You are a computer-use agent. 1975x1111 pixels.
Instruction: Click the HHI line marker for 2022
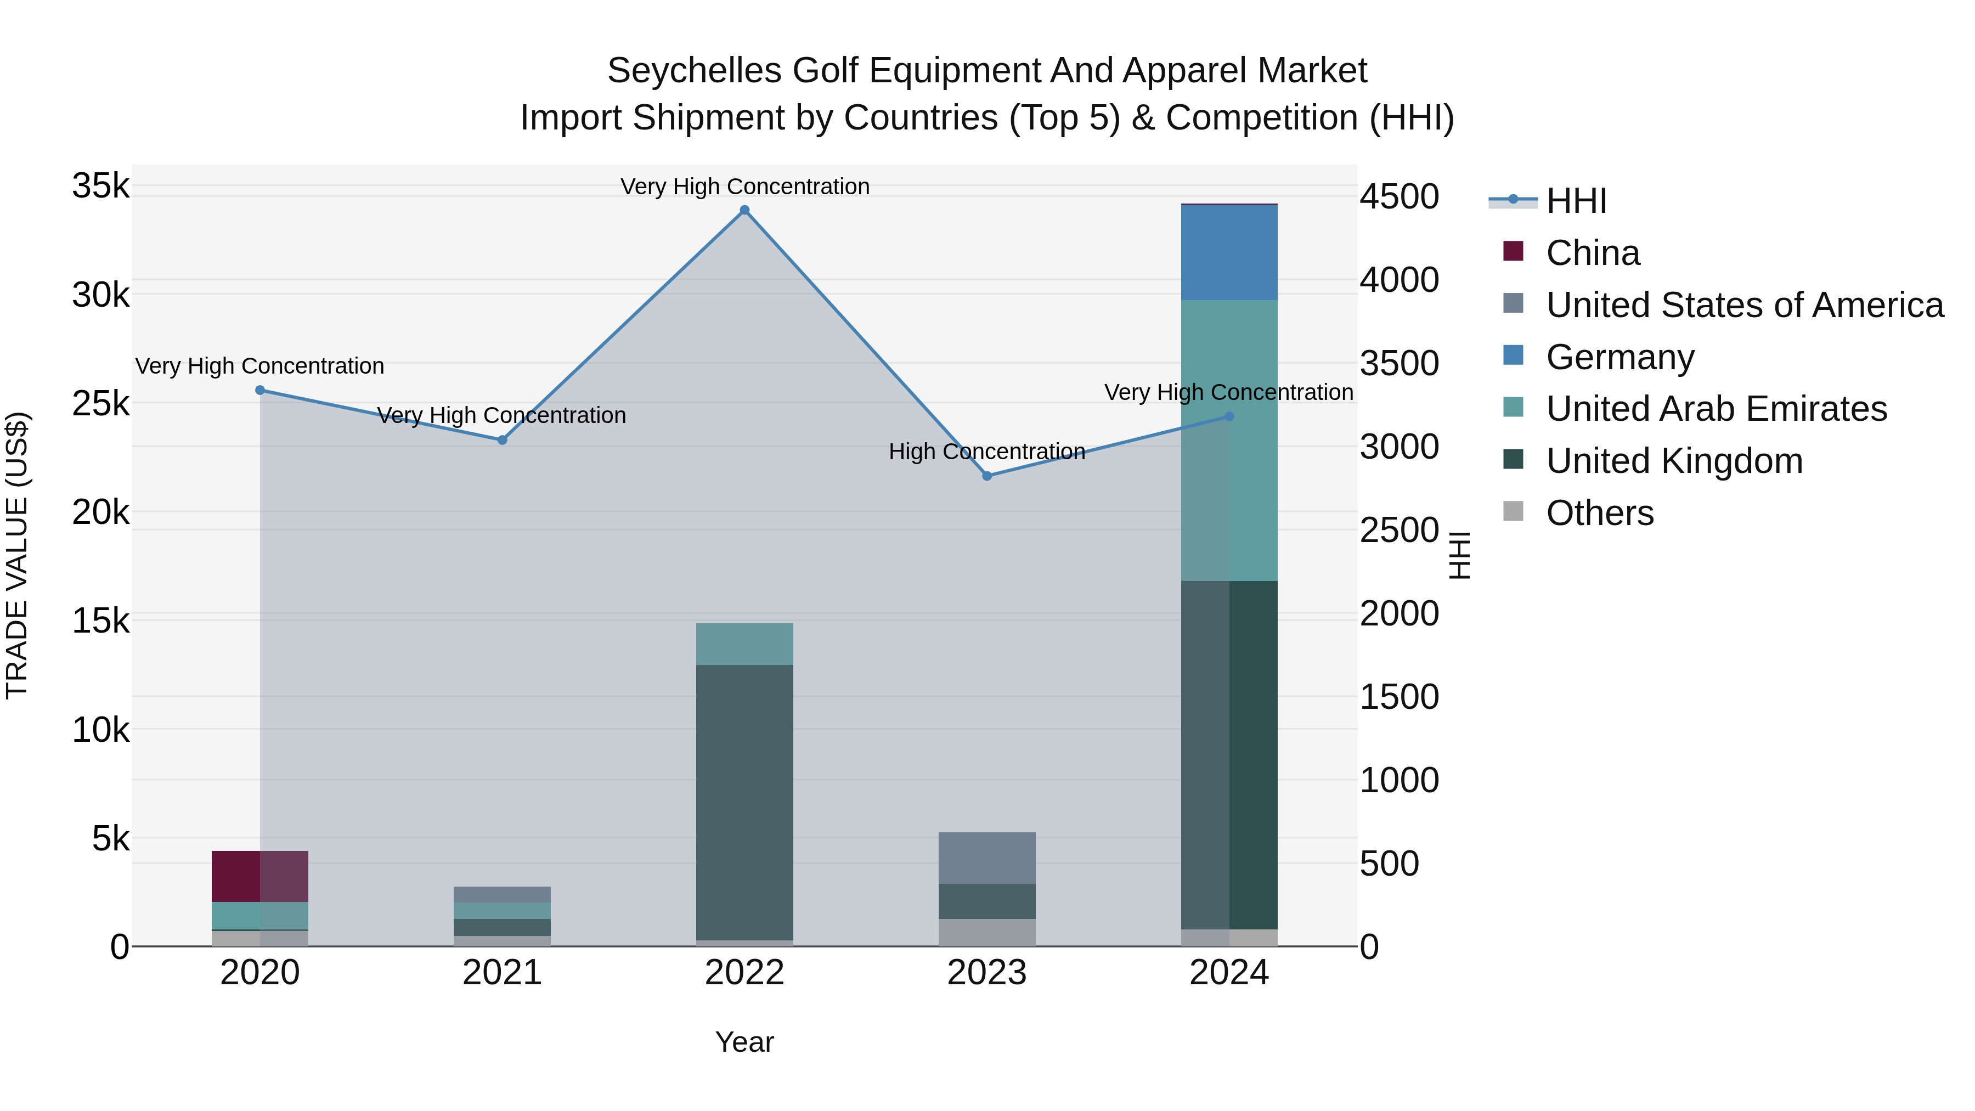click(x=744, y=210)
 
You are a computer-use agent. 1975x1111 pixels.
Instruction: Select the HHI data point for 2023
click(x=987, y=476)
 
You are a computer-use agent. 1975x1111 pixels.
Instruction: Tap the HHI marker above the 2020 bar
click(x=260, y=390)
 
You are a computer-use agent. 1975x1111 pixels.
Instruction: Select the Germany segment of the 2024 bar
click(x=1229, y=252)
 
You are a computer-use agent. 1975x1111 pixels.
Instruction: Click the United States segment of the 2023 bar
click(x=987, y=858)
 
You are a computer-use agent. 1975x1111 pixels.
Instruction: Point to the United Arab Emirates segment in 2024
click(x=1229, y=441)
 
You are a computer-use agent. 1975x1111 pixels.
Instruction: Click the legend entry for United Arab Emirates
click(x=1716, y=409)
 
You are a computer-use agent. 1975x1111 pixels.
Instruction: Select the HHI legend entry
click(x=1576, y=201)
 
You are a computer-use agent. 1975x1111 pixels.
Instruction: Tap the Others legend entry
click(x=1599, y=513)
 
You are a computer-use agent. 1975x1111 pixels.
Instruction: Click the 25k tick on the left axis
click(x=101, y=404)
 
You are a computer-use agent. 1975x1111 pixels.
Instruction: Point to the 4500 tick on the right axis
click(x=1399, y=197)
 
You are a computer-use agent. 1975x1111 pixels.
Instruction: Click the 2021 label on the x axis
click(x=502, y=973)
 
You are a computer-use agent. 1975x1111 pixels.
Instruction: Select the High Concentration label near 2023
click(x=987, y=452)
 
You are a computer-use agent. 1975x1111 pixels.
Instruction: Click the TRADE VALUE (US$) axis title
click(x=17, y=555)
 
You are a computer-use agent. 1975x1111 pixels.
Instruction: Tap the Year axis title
click(x=744, y=1042)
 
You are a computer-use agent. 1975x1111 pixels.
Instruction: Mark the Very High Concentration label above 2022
click(x=744, y=187)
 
